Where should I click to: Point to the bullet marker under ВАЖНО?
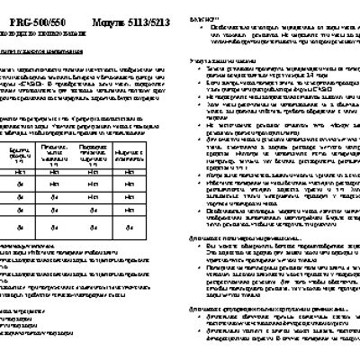click(209, 28)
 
